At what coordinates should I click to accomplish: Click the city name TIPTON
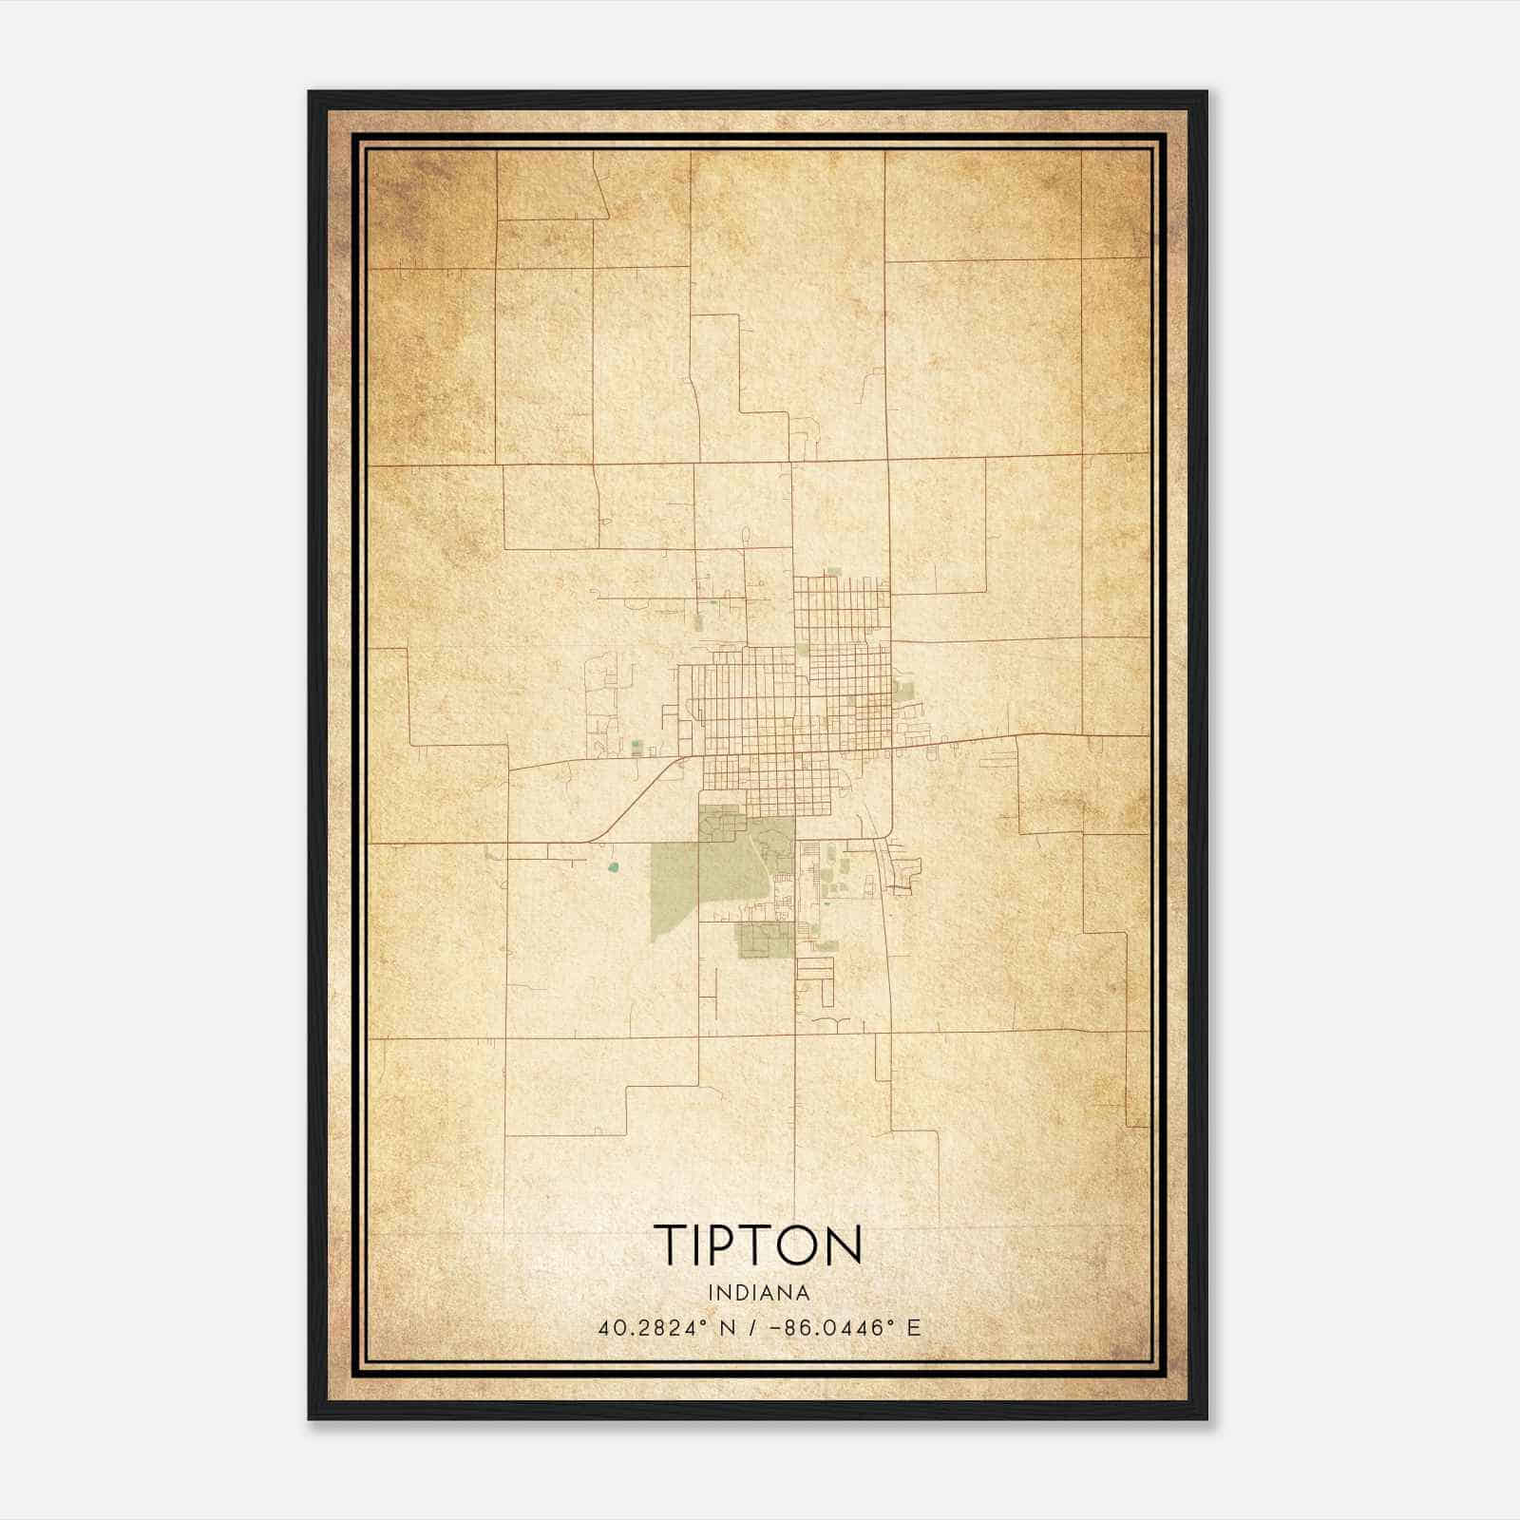point(758,1244)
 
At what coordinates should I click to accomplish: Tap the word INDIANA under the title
point(759,1293)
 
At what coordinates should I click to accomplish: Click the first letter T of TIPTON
point(668,1244)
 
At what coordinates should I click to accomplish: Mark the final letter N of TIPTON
point(845,1244)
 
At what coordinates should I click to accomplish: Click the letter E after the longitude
point(914,1328)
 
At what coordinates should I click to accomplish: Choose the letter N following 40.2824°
point(729,1328)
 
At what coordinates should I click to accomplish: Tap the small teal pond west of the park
point(613,866)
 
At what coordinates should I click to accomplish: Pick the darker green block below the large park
point(765,940)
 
